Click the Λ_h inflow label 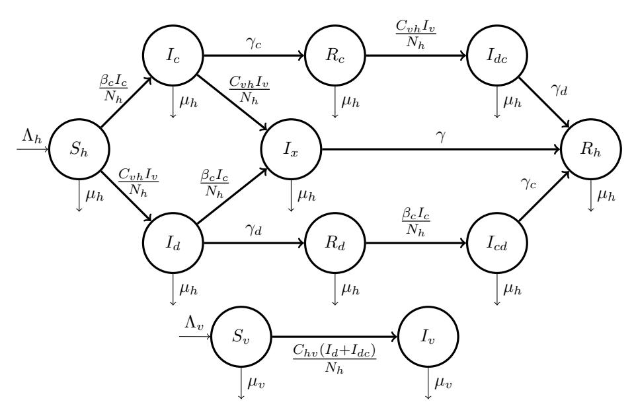pyautogui.click(x=32, y=137)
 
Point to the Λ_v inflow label pyautogui.click(x=194, y=323)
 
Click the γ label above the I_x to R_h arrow pyautogui.click(x=441, y=137)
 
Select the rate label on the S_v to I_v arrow pyautogui.click(x=335, y=359)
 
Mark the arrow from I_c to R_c pyautogui.click(x=253, y=55)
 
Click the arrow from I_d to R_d pyautogui.click(x=253, y=243)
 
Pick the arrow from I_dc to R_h pyautogui.click(x=544, y=102)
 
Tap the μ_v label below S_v pyautogui.click(x=257, y=382)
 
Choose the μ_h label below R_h pyautogui.click(x=606, y=195)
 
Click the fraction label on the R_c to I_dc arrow pyautogui.click(x=416, y=34)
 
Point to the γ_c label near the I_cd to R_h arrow pyautogui.click(x=528, y=184)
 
